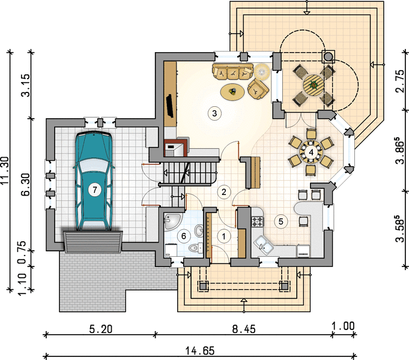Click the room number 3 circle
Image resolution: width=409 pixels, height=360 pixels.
[214, 113]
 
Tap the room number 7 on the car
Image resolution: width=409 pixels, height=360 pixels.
[94, 190]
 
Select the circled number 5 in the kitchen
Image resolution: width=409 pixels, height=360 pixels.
[280, 221]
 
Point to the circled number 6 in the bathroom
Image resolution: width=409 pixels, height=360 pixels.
[184, 236]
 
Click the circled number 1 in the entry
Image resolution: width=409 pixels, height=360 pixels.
[223, 236]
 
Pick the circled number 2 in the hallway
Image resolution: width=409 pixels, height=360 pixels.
[223, 192]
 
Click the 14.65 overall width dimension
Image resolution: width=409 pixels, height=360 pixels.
[200, 350]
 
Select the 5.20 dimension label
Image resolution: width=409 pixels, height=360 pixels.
[101, 329]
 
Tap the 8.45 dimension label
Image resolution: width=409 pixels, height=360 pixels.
[244, 329]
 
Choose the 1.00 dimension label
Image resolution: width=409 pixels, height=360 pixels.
[344, 326]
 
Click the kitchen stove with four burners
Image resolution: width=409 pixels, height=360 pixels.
[258, 221]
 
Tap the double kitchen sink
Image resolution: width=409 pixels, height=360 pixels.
[264, 244]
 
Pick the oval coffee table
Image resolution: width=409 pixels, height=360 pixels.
[232, 91]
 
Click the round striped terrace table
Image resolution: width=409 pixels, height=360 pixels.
[314, 85]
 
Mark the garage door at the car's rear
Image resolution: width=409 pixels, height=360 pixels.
[93, 242]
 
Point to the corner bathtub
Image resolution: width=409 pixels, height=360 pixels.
[172, 221]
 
